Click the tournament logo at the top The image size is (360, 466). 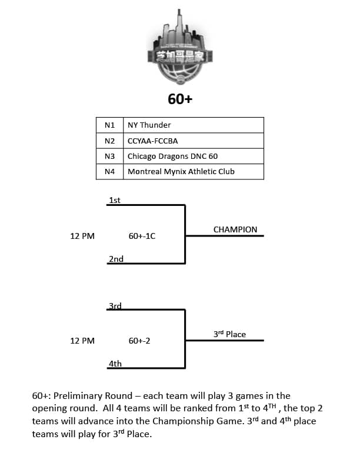point(180,48)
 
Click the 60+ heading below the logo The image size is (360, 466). point(180,99)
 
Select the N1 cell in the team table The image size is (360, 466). point(109,125)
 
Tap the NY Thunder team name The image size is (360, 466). point(149,125)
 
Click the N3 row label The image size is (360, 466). point(109,157)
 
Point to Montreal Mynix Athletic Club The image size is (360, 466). point(181,171)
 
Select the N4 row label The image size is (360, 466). point(109,171)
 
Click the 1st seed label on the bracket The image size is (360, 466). point(115,200)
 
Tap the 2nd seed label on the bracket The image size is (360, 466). point(116,259)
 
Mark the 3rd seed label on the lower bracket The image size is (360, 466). point(115,306)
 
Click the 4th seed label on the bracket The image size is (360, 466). point(115,364)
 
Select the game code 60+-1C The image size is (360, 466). point(142,237)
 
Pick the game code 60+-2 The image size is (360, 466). point(139,341)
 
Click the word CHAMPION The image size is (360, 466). point(235,229)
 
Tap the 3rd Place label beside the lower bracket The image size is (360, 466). point(229,334)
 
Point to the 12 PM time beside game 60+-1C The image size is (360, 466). point(82,237)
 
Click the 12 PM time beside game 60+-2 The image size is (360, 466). point(82,341)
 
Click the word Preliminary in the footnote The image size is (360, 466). point(93,396)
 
